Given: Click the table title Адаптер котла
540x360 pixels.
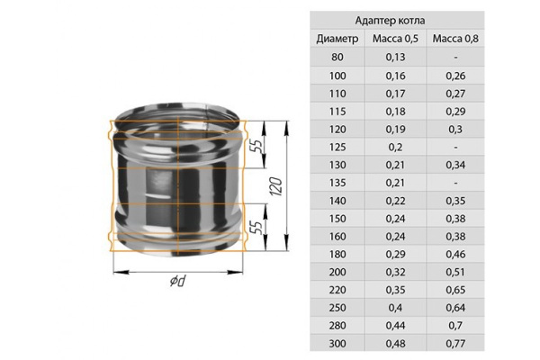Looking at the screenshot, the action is tap(391, 21).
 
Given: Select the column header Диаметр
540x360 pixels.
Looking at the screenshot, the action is tap(337, 39).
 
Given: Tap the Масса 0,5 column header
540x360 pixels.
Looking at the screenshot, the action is tap(395, 39).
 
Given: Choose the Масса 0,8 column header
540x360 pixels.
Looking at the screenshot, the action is tap(455, 39).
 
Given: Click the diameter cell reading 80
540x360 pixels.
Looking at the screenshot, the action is tap(337, 57).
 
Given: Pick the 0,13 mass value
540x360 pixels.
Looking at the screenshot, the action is tap(395, 57).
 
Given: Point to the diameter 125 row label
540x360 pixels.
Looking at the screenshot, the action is tap(337, 147).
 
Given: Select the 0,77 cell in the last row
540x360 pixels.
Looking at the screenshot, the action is tap(455, 344).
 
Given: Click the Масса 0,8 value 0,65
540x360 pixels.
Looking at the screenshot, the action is tap(455, 290).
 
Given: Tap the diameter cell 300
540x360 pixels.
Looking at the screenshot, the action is tap(337, 344).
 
